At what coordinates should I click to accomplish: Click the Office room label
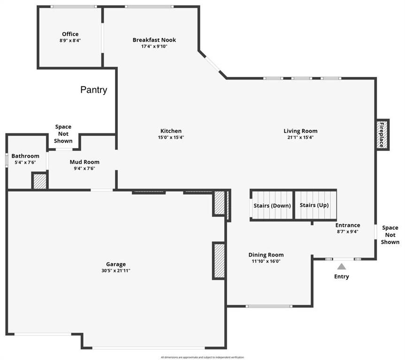(x=70, y=34)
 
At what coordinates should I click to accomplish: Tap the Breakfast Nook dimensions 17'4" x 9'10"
(x=154, y=46)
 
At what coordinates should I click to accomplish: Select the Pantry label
(x=93, y=90)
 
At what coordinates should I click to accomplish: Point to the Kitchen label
(x=171, y=131)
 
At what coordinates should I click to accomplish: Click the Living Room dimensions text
(x=300, y=137)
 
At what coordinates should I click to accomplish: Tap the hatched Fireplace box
(x=382, y=135)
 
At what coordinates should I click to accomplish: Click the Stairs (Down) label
(x=272, y=206)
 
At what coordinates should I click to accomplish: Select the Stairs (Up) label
(x=314, y=205)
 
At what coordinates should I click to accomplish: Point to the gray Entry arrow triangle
(x=342, y=266)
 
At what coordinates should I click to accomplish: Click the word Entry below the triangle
(x=342, y=277)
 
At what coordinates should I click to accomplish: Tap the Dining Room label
(x=266, y=255)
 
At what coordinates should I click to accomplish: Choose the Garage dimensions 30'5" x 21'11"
(x=116, y=271)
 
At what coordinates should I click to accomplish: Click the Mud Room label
(x=84, y=162)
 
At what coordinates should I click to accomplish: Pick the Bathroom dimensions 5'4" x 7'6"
(x=25, y=162)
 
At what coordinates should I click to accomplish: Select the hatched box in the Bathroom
(x=39, y=180)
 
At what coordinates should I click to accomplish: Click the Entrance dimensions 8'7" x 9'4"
(x=348, y=232)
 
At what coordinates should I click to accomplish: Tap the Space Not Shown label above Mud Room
(x=63, y=134)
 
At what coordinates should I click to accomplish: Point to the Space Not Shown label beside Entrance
(x=390, y=235)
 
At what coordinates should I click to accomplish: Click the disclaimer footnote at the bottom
(x=203, y=357)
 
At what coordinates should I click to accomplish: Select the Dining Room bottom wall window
(x=269, y=306)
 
